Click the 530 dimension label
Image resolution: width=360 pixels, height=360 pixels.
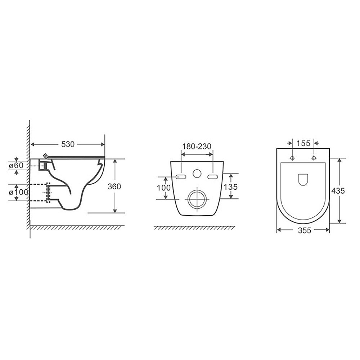pyautogui.click(x=68, y=144)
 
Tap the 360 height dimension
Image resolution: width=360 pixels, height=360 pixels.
pyautogui.click(x=114, y=186)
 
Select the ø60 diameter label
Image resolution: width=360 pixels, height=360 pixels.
pyautogui.click(x=16, y=165)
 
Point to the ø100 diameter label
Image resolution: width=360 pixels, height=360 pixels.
pyautogui.click(x=19, y=192)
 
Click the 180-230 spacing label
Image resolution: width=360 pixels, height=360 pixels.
pyautogui.click(x=197, y=146)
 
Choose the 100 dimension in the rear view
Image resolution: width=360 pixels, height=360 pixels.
pyautogui.click(x=164, y=188)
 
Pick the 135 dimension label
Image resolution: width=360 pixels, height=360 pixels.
pyautogui.click(x=230, y=187)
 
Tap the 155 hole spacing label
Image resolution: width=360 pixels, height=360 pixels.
pyautogui.click(x=303, y=143)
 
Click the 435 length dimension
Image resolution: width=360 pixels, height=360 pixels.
pyautogui.click(x=338, y=190)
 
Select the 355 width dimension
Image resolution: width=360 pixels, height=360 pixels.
pyautogui.click(x=305, y=230)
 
